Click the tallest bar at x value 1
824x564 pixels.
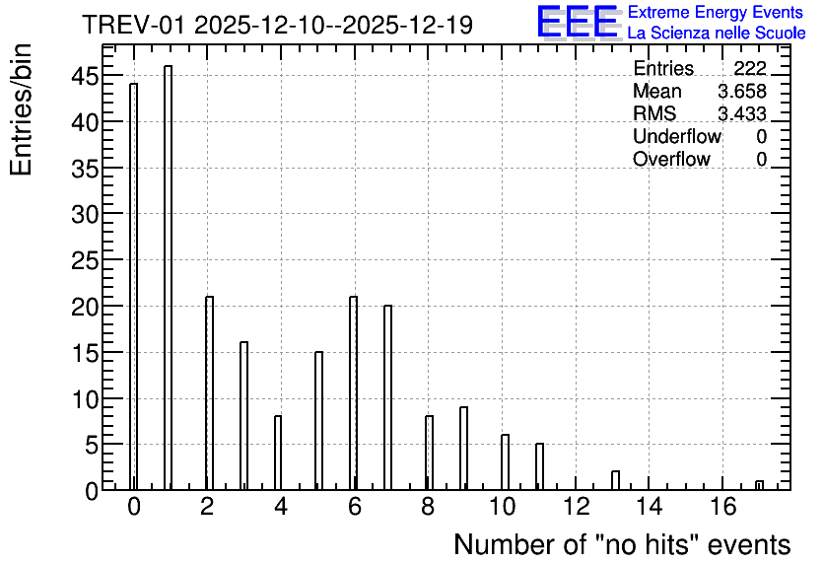[x=169, y=277]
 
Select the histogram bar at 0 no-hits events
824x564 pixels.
[x=133, y=287]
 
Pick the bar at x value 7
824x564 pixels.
[x=387, y=397]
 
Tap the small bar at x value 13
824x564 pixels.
[x=615, y=480]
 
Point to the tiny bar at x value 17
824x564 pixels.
[x=759, y=485]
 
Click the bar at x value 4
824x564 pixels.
[x=278, y=453]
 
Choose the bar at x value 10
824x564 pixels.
[x=505, y=462]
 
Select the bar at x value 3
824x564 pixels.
[x=243, y=416]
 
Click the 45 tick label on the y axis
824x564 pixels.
[x=85, y=76]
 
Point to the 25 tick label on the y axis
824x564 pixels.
[x=85, y=260]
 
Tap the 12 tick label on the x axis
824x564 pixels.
[x=577, y=507]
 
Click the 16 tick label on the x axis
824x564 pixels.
[x=723, y=507]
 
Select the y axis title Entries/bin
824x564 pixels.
[x=21, y=109]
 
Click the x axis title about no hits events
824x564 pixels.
[x=622, y=544]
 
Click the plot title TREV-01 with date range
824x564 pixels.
[x=278, y=25]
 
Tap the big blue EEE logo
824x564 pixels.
[x=578, y=22]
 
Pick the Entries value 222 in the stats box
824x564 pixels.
[x=750, y=68]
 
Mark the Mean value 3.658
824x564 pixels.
[x=742, y=91]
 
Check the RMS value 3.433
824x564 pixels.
[x=742, y=113]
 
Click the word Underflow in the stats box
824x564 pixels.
[x=677, y=136]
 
